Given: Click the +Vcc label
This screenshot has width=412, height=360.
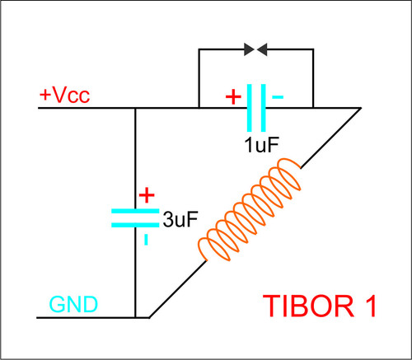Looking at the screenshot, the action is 65,96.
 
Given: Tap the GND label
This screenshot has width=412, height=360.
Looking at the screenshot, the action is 73,304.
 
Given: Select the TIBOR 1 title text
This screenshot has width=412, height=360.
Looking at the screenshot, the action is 320,306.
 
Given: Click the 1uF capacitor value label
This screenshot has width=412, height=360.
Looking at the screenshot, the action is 262,145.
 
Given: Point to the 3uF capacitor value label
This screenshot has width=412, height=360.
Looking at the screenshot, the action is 180,219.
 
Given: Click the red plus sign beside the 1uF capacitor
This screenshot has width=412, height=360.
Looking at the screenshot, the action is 233,96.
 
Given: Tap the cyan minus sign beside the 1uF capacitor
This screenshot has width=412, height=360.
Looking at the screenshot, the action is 278,96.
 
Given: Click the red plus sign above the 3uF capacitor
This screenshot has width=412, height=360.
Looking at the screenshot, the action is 147,195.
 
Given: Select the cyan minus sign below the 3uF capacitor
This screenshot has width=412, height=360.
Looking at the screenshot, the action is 146,239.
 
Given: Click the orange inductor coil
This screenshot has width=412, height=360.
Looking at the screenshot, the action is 250,209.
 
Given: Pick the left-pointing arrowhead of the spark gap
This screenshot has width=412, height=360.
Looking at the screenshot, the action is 262,49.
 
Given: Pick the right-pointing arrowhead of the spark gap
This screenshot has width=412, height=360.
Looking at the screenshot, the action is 250,49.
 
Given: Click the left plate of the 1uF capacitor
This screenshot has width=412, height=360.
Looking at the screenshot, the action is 250,108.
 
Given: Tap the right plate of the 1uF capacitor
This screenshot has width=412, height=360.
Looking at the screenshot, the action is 264,108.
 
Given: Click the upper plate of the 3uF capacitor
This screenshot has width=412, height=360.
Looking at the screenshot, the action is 135,211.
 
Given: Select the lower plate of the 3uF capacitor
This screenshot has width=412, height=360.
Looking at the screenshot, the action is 135,225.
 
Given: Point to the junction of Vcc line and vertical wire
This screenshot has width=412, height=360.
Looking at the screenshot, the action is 135,108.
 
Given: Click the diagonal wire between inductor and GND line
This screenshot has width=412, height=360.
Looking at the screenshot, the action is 178,289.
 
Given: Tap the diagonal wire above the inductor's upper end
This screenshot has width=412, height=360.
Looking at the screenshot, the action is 330,138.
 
